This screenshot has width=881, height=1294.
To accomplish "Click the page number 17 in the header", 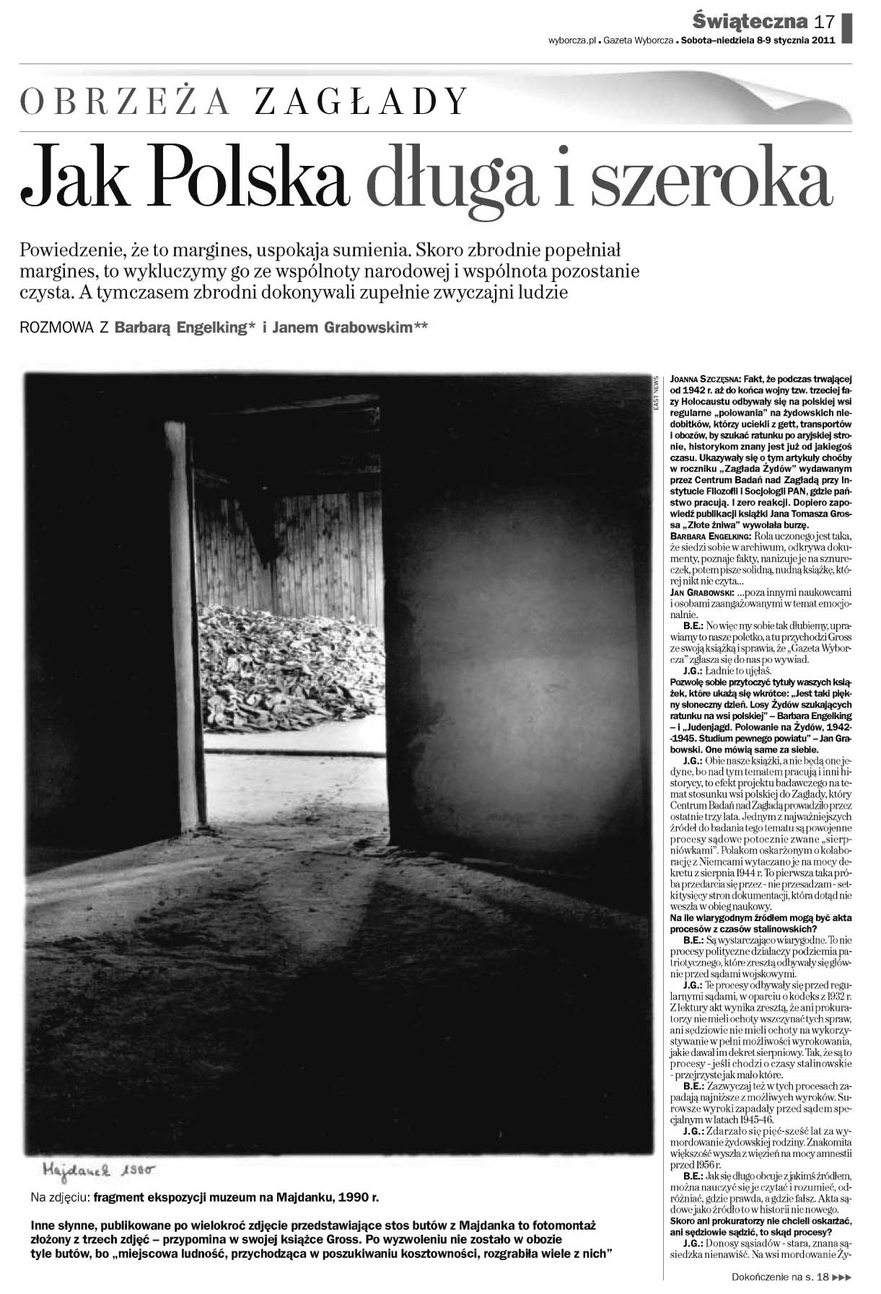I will tap(825, 21).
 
